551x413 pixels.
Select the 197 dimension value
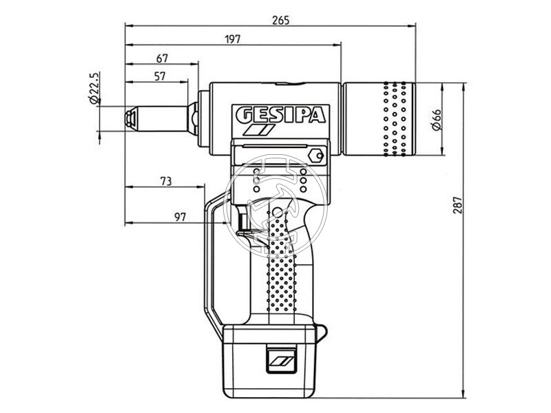click(233, 39)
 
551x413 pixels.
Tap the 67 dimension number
click(163, 59)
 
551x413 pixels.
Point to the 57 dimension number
click(159, 76)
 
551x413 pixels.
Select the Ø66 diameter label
click(436, 119)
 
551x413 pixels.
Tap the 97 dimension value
click(180, 218)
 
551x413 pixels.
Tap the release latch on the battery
click(282, 359)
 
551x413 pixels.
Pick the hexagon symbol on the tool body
click(317, 155)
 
